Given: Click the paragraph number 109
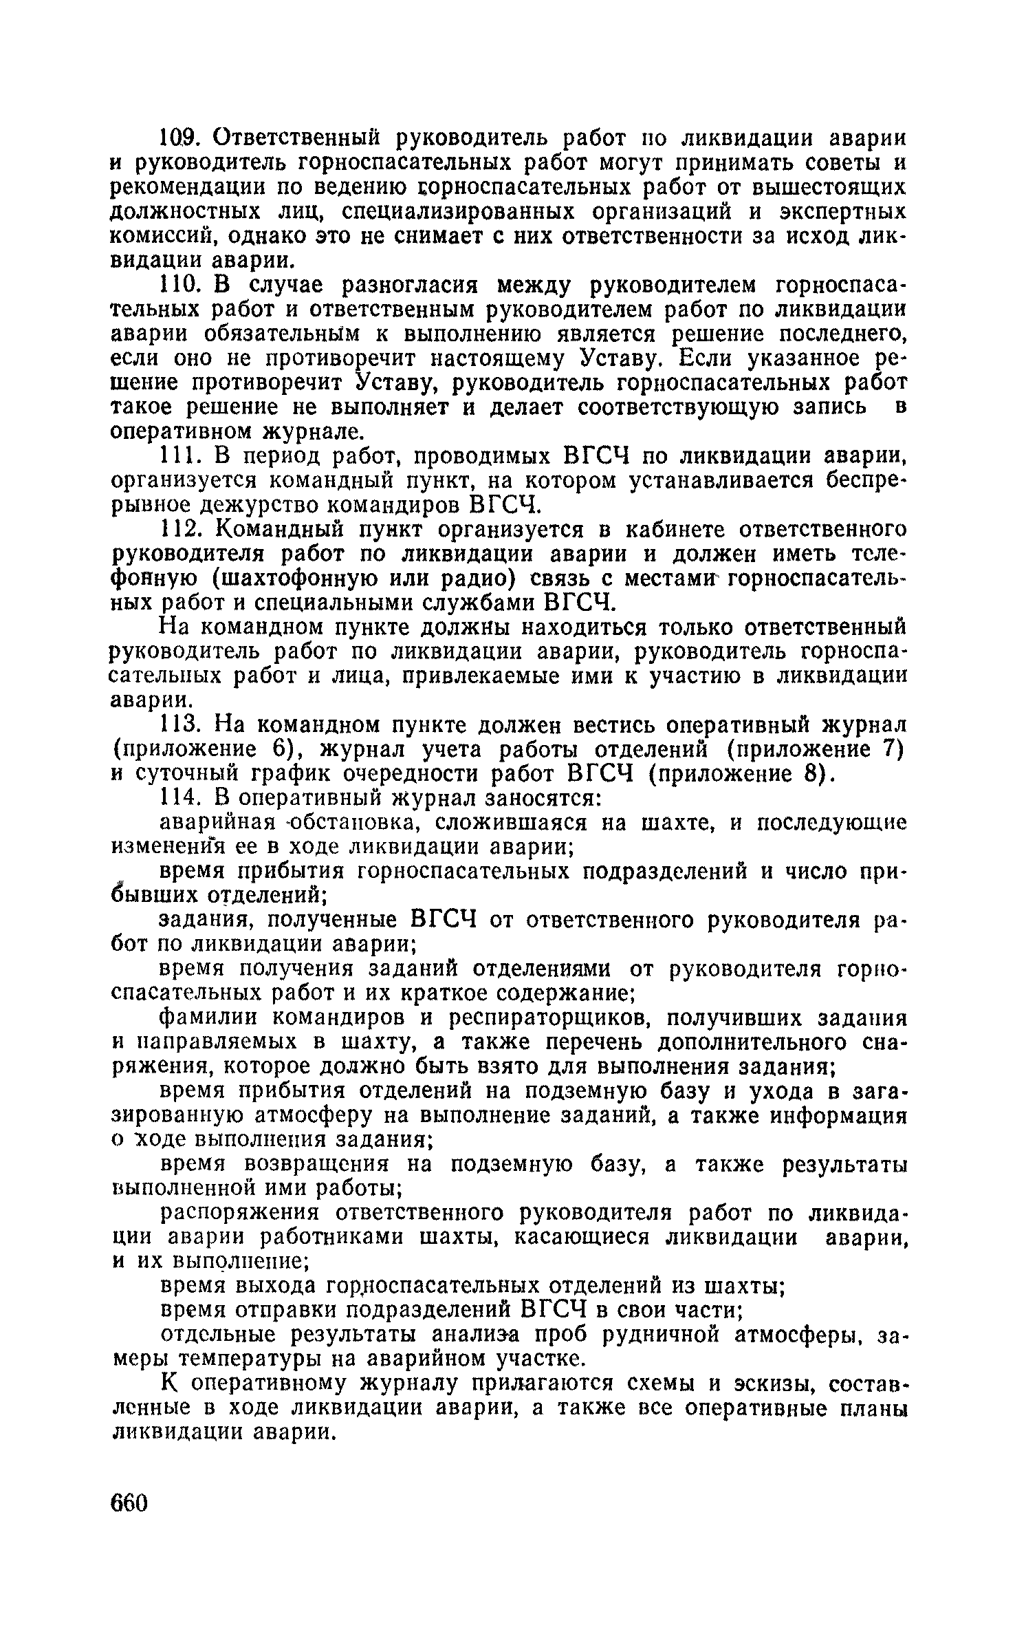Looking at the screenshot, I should coord(181,138).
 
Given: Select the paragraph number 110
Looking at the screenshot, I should coord(181,284).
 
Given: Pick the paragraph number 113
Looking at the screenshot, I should coord(180,724).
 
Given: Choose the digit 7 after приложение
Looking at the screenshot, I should coord(891,749).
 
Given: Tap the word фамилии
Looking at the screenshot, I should coord(208,1018).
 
